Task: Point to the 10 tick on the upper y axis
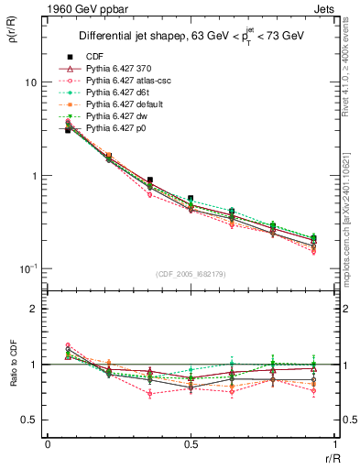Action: point(29,82)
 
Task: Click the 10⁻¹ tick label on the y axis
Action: point(27,268)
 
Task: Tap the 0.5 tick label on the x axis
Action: point(191,443)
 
